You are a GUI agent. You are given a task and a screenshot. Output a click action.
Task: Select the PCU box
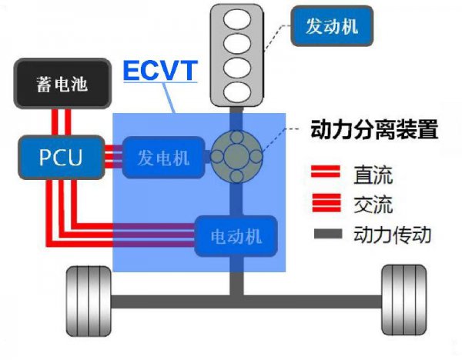click(x=60, y=157)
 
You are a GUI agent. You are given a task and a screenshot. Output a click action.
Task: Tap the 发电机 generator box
click(x=164, y=157)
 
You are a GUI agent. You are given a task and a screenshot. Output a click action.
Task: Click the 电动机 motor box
click(x=238, y=235)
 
